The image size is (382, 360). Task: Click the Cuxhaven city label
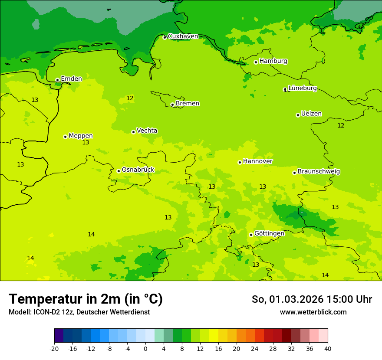(x=183, y=36)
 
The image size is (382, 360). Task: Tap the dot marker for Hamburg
(x=256, y=62)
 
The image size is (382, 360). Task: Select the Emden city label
(x=71, y=79)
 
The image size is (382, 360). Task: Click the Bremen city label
(x=188, y=103)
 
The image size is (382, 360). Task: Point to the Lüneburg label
(x=303, y=88)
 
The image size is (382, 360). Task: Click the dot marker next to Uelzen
(x=298, y=115)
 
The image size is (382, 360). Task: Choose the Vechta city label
(x=147, y=131)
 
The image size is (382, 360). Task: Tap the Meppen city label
(x=81, y=136)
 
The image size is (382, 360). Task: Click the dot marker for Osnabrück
(x=119, y=171)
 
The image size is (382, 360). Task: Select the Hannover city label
(x=257, y=161)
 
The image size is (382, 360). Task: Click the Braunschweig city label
(x=319, y=171)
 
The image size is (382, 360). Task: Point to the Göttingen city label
(x=269, y=233)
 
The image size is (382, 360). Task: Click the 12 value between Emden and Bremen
(x=130, y=98)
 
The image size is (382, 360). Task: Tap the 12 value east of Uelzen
(x=341, y=125)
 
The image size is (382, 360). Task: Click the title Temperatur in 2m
(x=86, y=299)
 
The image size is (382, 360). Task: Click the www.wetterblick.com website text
(x=313, y=312)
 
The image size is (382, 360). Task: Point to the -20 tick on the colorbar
(x=54, y=348)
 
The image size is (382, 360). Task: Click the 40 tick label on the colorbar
(x=328, y=348)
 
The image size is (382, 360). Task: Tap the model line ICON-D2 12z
(x=79, y=312)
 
